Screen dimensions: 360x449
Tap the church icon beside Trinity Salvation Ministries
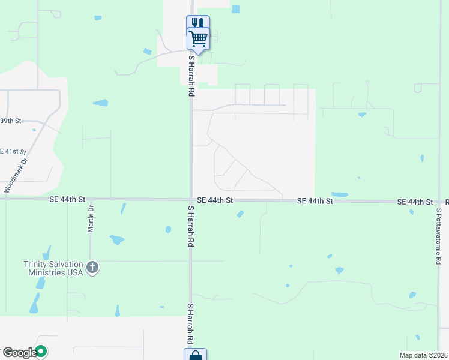92,268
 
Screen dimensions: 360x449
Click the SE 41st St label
13,151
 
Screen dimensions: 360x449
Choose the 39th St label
10,121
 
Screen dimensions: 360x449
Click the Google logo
19,353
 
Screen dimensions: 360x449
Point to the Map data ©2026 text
424,355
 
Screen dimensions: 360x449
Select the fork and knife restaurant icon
198,23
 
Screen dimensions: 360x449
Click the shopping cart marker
199,39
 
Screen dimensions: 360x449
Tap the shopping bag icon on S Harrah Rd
195,355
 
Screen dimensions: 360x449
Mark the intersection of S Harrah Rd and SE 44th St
191,199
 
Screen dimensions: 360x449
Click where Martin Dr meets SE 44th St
90,199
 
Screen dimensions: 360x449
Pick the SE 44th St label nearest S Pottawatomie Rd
415,203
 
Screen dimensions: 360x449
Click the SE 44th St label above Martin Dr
69,199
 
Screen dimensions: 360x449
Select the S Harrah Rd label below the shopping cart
191,76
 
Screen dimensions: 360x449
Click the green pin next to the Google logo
41,350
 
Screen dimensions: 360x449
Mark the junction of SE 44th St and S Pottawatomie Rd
438,203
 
